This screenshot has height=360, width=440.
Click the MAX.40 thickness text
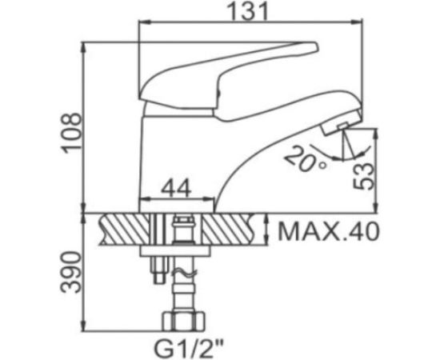pos(327,233)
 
